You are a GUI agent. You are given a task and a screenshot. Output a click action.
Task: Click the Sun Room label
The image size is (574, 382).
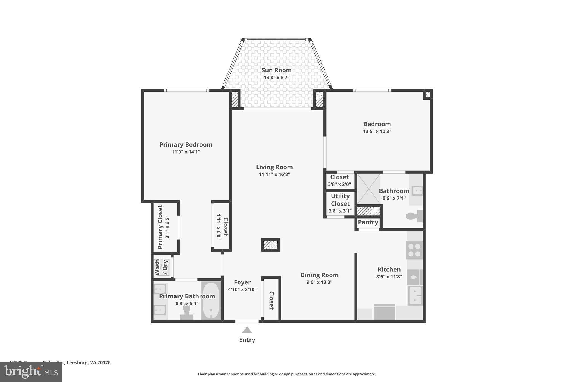pos(276,70)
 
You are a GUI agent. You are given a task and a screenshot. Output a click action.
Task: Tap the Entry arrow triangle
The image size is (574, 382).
pos(247,330)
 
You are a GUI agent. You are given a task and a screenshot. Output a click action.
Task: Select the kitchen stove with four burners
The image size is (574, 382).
pos(414,250)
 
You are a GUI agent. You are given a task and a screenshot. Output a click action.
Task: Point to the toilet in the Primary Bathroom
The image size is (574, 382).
pos(187,312)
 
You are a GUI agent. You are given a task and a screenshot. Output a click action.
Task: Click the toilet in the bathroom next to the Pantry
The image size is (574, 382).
pos(414,216)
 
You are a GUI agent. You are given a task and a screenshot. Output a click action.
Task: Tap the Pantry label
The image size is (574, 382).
pos(368,222)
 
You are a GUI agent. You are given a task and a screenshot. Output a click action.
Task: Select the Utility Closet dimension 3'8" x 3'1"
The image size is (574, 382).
pos(340,211)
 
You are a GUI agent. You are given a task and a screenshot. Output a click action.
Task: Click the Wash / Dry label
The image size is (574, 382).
pos(161,267)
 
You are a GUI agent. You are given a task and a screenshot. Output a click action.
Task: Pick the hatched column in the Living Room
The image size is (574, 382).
pos(270,245)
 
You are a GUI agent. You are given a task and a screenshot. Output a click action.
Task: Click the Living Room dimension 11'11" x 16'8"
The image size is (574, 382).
pos(274,174)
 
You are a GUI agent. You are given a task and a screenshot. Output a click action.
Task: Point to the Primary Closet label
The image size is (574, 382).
pos(160,227)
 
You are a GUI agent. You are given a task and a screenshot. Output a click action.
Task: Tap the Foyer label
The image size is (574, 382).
pos(242,282)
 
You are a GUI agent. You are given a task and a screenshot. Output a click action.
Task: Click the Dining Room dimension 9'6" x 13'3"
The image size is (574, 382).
pos(319,282)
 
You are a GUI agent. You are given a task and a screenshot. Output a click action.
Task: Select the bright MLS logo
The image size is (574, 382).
pos(31,372)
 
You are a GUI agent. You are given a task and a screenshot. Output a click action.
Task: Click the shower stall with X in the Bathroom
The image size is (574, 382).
pos(369,189)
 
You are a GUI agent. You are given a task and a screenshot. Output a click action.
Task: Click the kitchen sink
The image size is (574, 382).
pos(415,296)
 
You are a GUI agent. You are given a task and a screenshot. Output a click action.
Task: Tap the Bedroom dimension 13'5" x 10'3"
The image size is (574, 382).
pos(377,131)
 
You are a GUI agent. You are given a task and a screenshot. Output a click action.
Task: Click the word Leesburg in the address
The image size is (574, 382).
pos(77,362)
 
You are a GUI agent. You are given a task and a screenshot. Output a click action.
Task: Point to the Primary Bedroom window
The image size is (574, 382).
pos(186,90)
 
